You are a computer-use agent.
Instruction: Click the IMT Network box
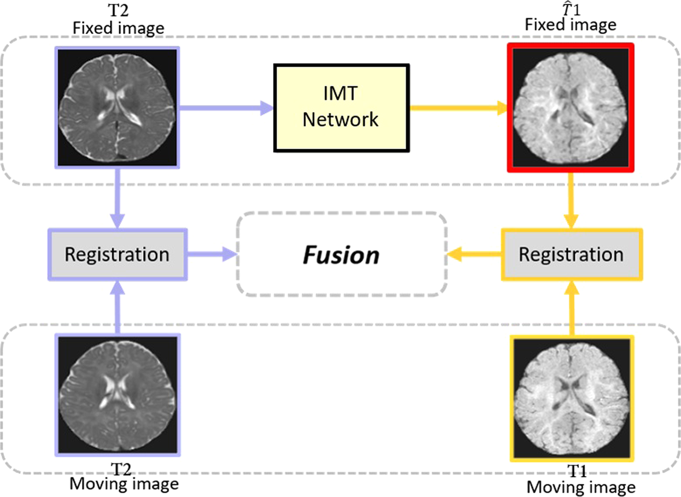341,108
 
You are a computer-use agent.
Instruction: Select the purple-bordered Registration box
118,255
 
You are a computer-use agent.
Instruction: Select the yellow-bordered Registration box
571,255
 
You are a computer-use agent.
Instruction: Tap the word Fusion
342,255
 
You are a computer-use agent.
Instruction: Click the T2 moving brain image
118,395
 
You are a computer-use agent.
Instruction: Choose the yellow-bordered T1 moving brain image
571,397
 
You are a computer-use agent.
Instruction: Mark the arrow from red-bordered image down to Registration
571,200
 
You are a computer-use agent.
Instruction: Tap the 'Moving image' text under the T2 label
124,484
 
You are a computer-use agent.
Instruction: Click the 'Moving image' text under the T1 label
580,487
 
